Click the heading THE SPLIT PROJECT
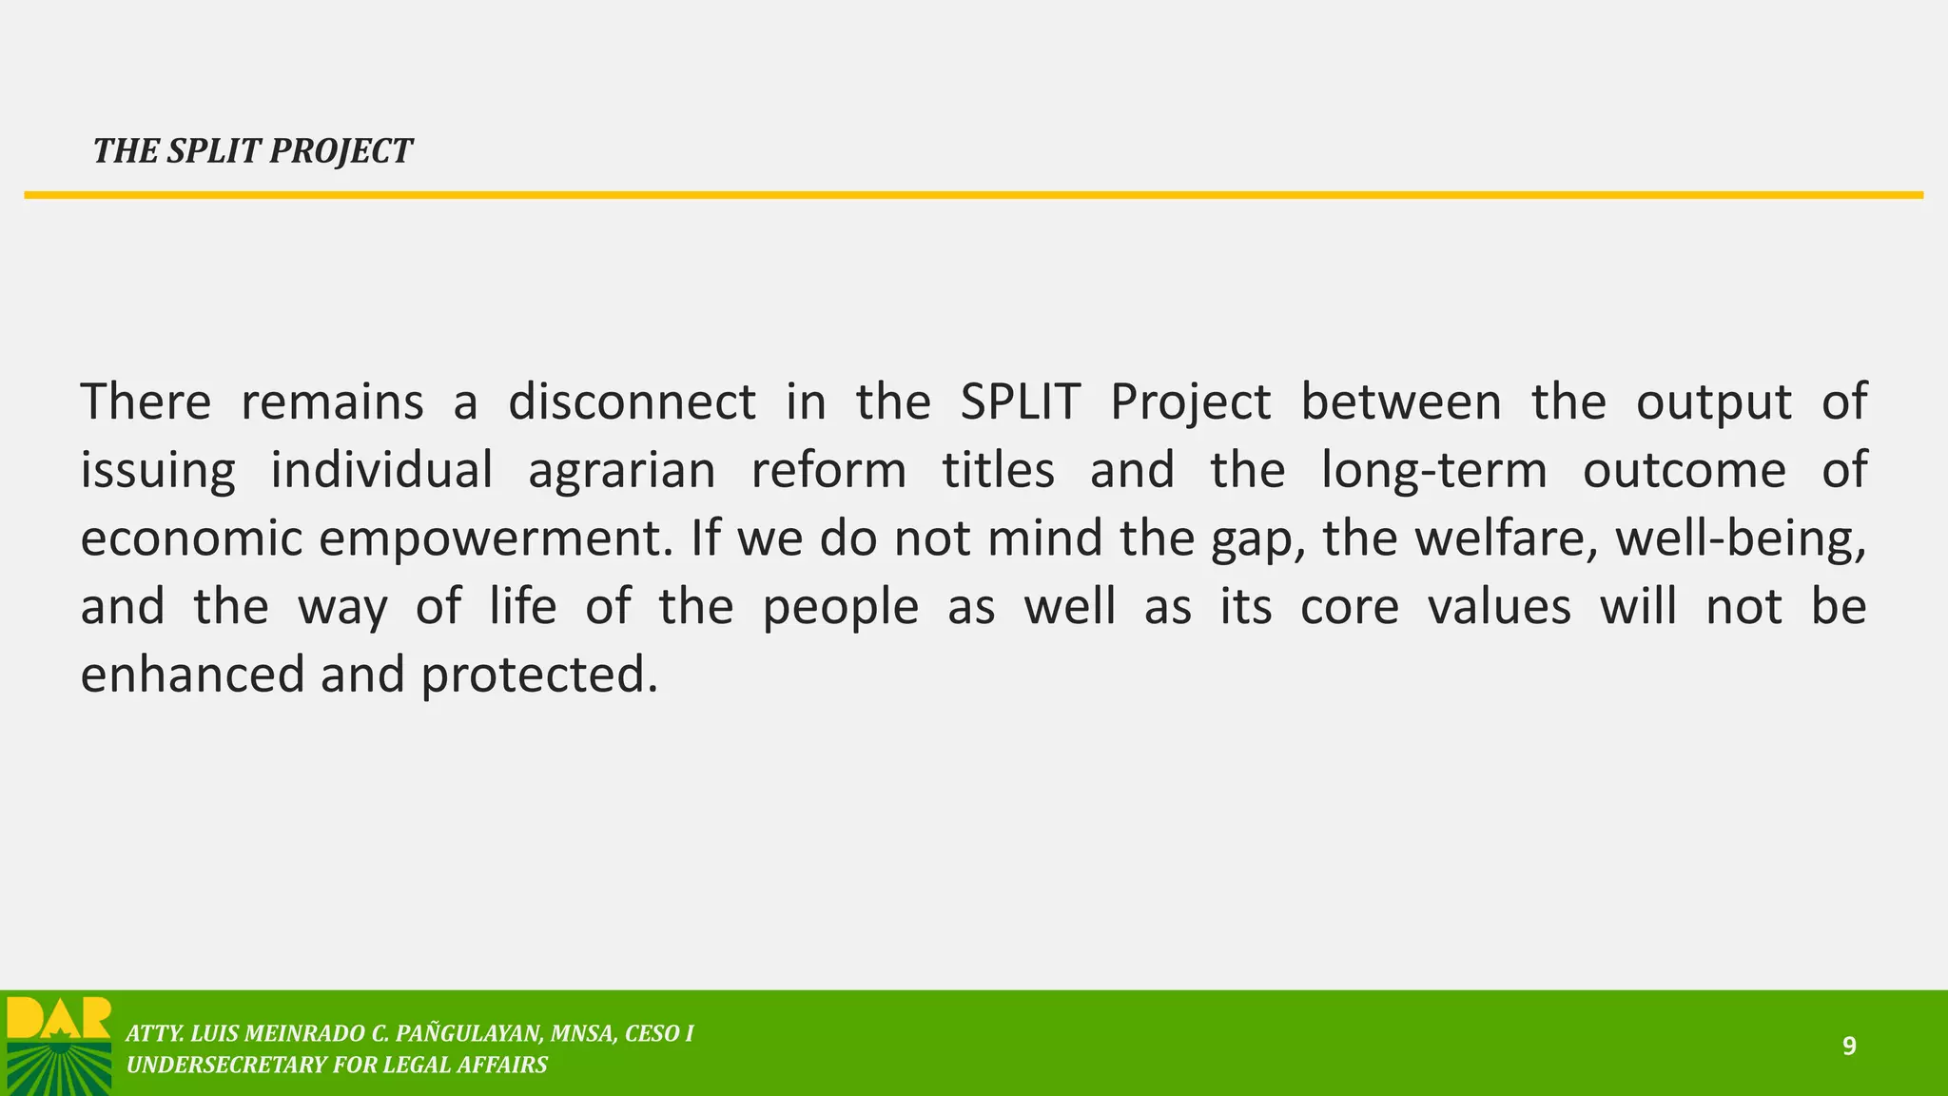(252, 151)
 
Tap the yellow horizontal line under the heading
(974, 195)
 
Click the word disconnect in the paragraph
(632, 401)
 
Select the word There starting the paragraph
(146, 401)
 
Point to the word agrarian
(621, 470)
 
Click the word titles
(998, 470)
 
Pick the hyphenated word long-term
(1434, 470)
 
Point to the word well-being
(1740, 538)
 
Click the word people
(841, 608)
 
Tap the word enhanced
(191, 675)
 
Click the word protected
(538, 675)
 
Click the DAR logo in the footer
(59, 1044)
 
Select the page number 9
(1849, 1047)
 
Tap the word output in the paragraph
(1713, 401)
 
